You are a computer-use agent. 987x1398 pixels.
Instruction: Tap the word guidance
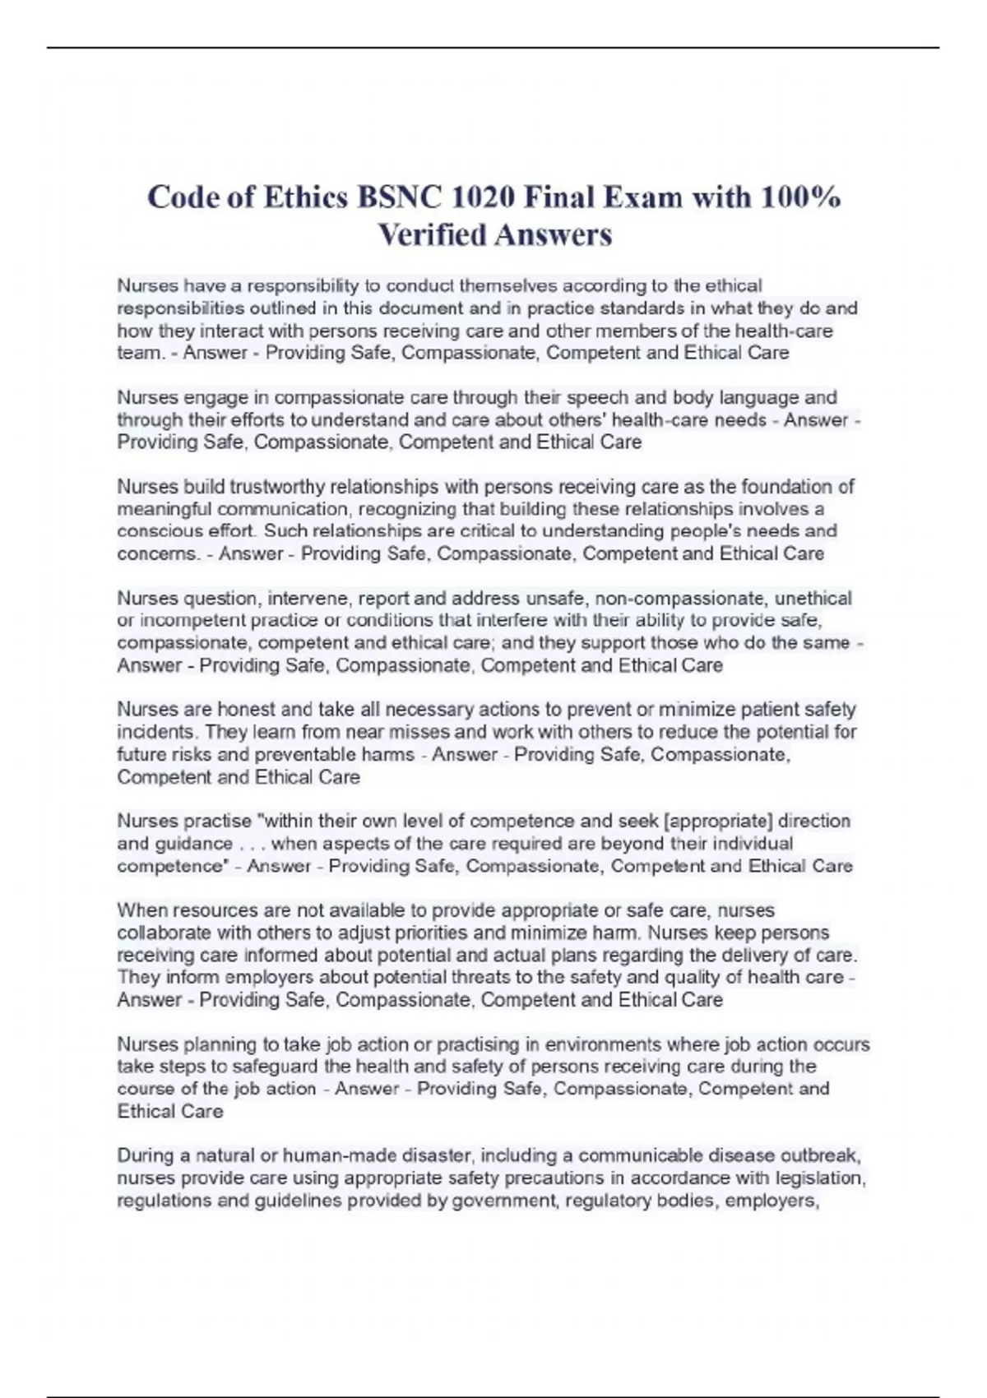click(x=192, y=844)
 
